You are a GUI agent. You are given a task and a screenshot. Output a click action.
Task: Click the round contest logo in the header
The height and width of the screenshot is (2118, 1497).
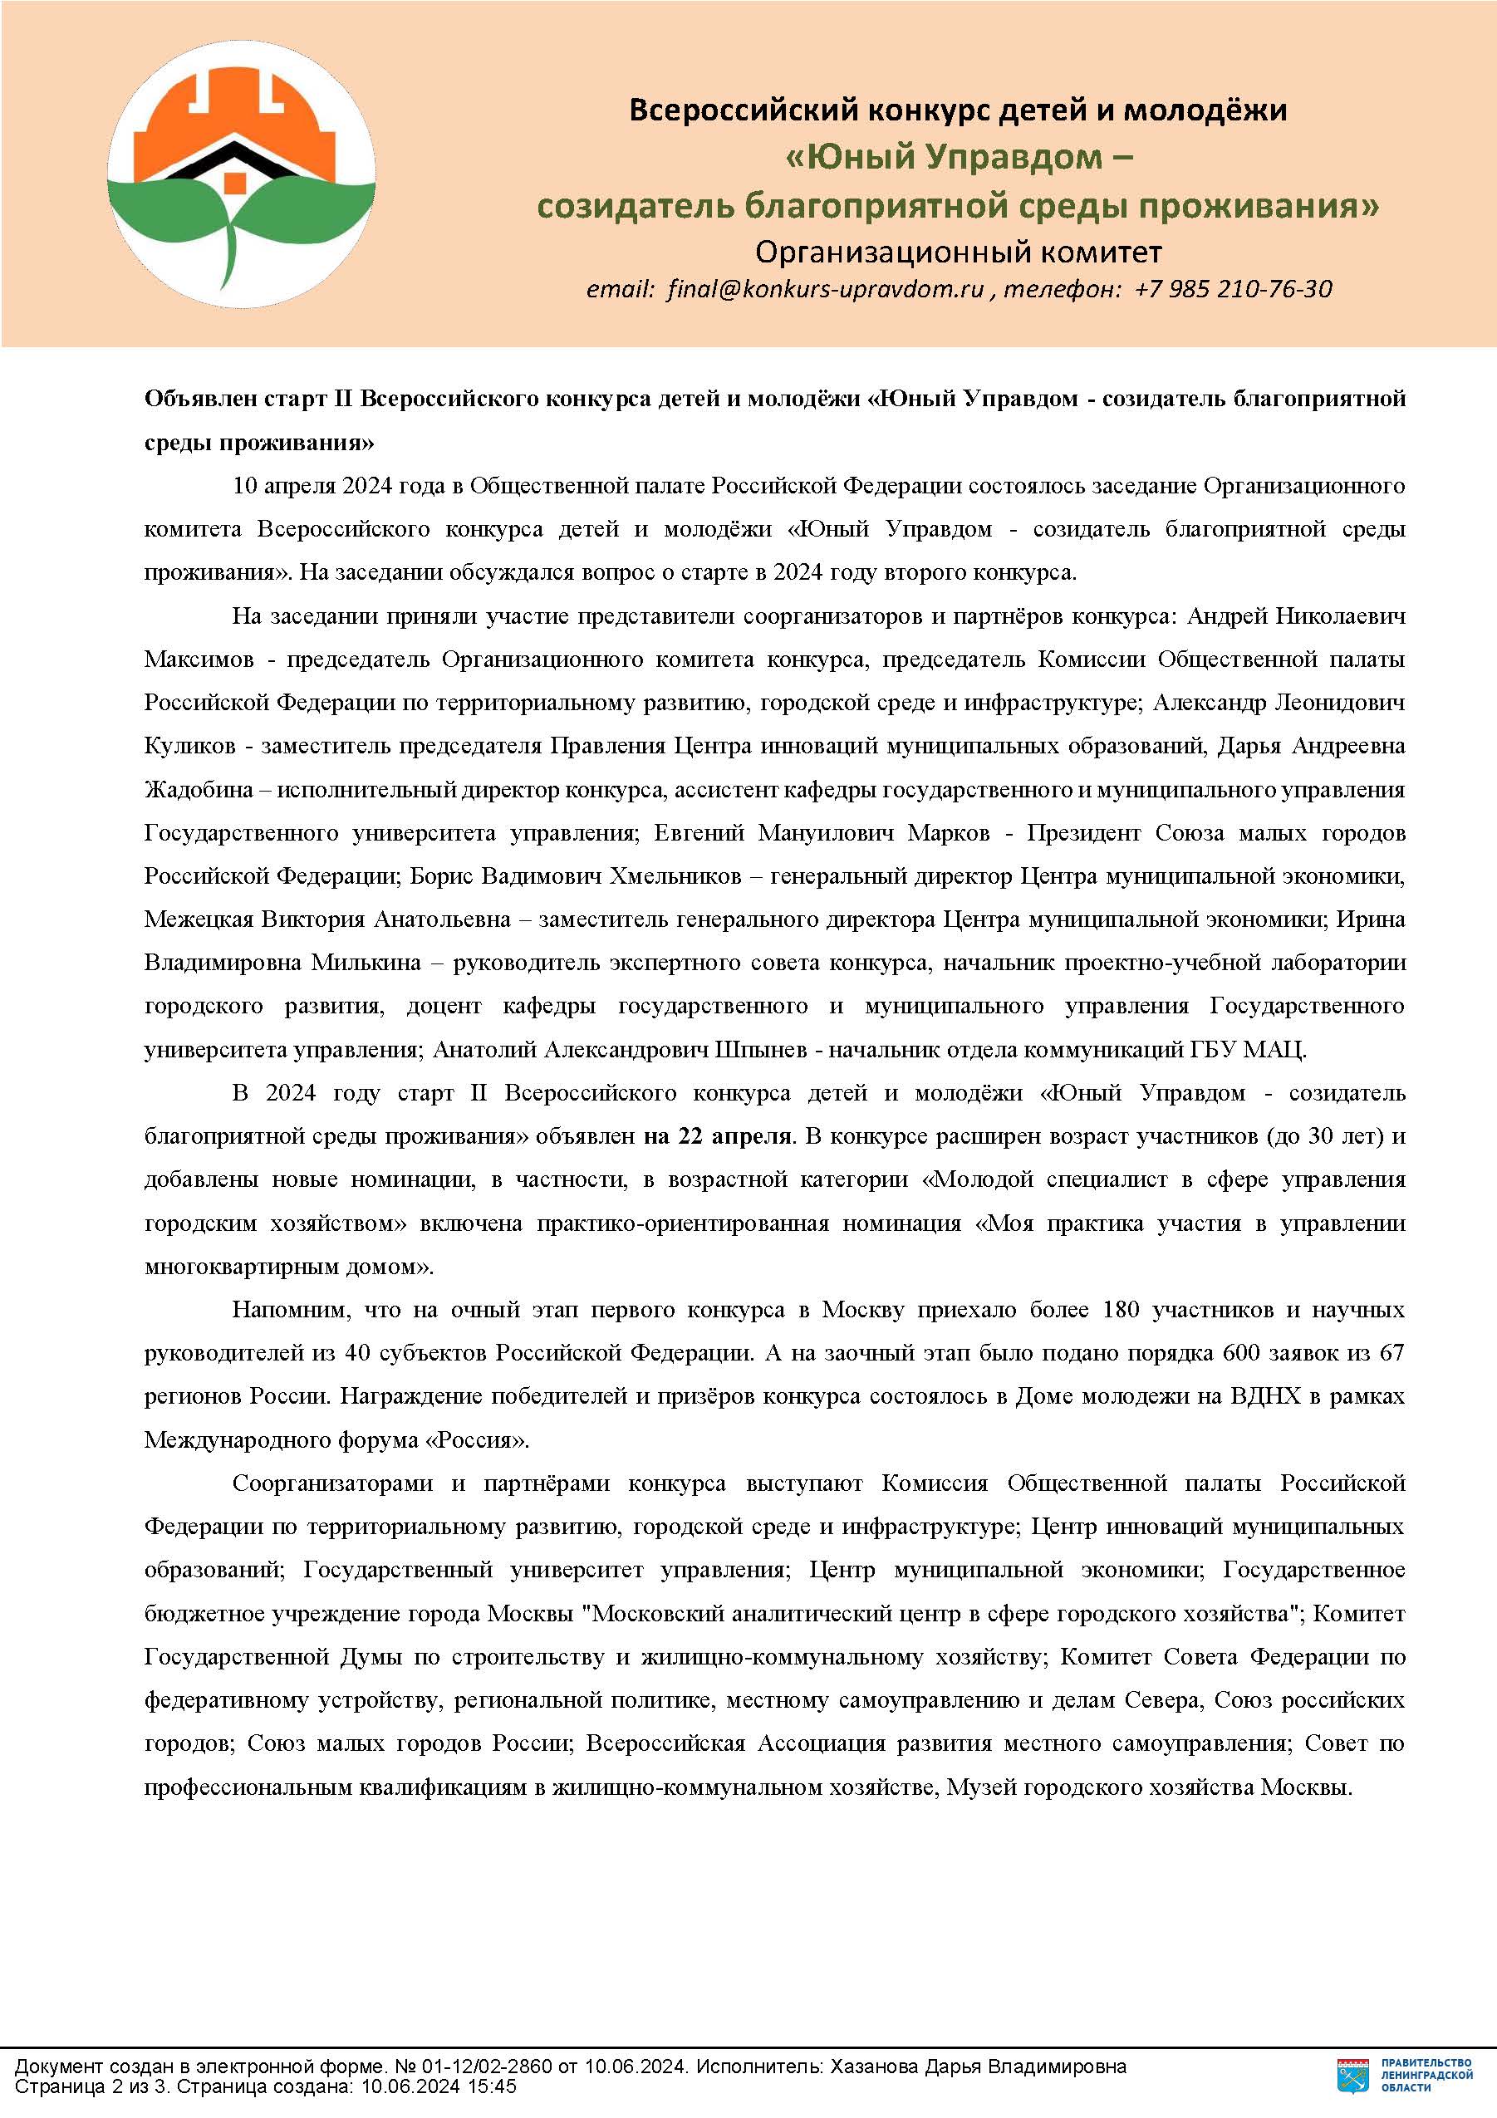[x=241, y=174]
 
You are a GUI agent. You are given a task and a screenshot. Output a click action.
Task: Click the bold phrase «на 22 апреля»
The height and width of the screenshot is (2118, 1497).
[x=718, y=1135]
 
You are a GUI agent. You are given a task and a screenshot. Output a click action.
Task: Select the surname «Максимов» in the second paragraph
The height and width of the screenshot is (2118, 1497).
[x=199, y=659]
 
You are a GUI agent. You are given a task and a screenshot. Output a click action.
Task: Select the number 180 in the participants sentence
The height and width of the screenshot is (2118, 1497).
[x=1121, y=1309]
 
